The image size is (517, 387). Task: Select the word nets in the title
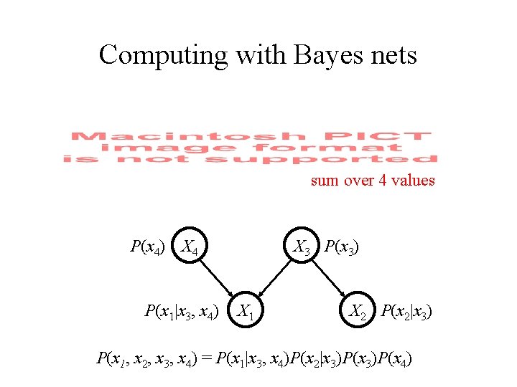pyautogui.click(x=391, y=55)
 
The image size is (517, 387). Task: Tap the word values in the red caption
pyautogui.click(x=413, y=181)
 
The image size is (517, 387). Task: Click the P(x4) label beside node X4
pyautogui.click(x=148, y=248)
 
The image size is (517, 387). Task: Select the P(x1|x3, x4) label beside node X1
pyautogui.click(x=182, y=311)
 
